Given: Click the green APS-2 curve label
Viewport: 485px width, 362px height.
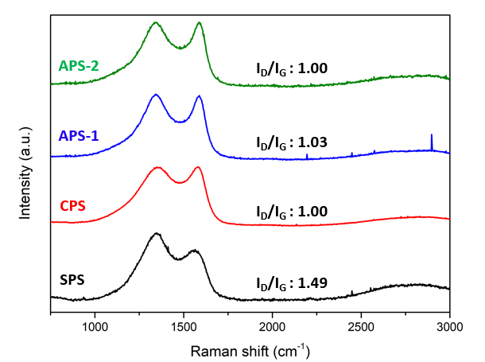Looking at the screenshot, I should coord(78,66).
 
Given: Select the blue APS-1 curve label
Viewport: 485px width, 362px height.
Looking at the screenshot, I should coord(78,136).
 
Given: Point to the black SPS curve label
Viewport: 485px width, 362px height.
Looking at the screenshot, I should coord(73,279).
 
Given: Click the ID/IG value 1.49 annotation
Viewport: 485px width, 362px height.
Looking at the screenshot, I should coord(292,282).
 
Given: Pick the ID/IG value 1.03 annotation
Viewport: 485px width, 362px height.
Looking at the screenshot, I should coord(292,143).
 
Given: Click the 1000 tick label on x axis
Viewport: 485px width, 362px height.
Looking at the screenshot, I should coord(95,325).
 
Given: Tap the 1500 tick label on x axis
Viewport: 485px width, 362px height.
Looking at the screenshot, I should coord(184,325).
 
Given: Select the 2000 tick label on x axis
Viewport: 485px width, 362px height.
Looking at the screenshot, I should coord(273,325).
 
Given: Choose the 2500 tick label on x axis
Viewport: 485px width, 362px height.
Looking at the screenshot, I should coord(361,325).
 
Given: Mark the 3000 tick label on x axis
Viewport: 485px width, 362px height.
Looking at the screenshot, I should coord(449,325).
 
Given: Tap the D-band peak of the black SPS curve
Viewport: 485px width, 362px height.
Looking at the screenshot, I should coord(157,234).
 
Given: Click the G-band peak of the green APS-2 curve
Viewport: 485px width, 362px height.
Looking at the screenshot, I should coord(199,23).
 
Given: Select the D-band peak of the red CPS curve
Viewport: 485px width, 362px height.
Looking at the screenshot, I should coord(157,168).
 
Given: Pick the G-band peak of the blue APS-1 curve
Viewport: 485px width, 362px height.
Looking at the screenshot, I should coord(199,96).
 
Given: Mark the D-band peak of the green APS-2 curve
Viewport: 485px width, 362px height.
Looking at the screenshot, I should coord(156,23).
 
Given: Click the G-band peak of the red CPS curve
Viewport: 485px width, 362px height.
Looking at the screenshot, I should coord(198,168).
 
